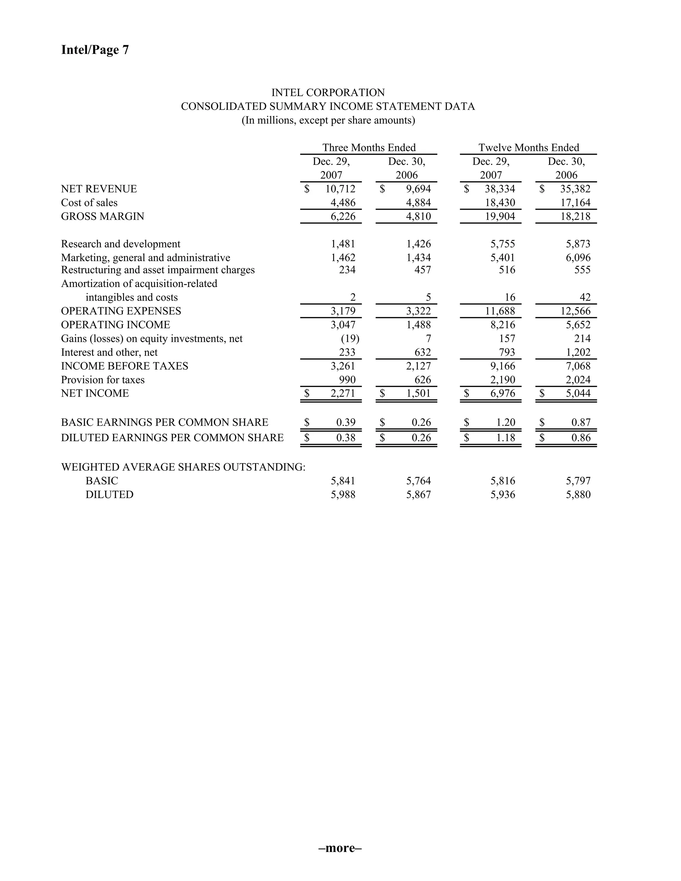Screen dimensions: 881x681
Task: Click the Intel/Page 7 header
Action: [95, 50]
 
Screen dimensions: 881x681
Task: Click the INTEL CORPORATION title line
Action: [328, 93]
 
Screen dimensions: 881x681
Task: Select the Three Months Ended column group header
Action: [369, 148]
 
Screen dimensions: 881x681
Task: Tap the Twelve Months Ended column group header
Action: [528, 148]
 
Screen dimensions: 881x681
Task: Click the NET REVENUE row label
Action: [99, 189]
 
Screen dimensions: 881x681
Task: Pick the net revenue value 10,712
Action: [340, 189]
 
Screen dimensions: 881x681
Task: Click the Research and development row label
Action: [121, 244]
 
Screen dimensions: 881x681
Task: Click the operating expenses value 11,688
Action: [500, 311]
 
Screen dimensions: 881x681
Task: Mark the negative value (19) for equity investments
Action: [350, 338]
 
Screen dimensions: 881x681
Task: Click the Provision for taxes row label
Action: [102, 380]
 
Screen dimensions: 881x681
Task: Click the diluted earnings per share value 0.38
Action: [346, 438]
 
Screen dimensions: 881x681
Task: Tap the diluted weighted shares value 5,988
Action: [343, 495]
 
